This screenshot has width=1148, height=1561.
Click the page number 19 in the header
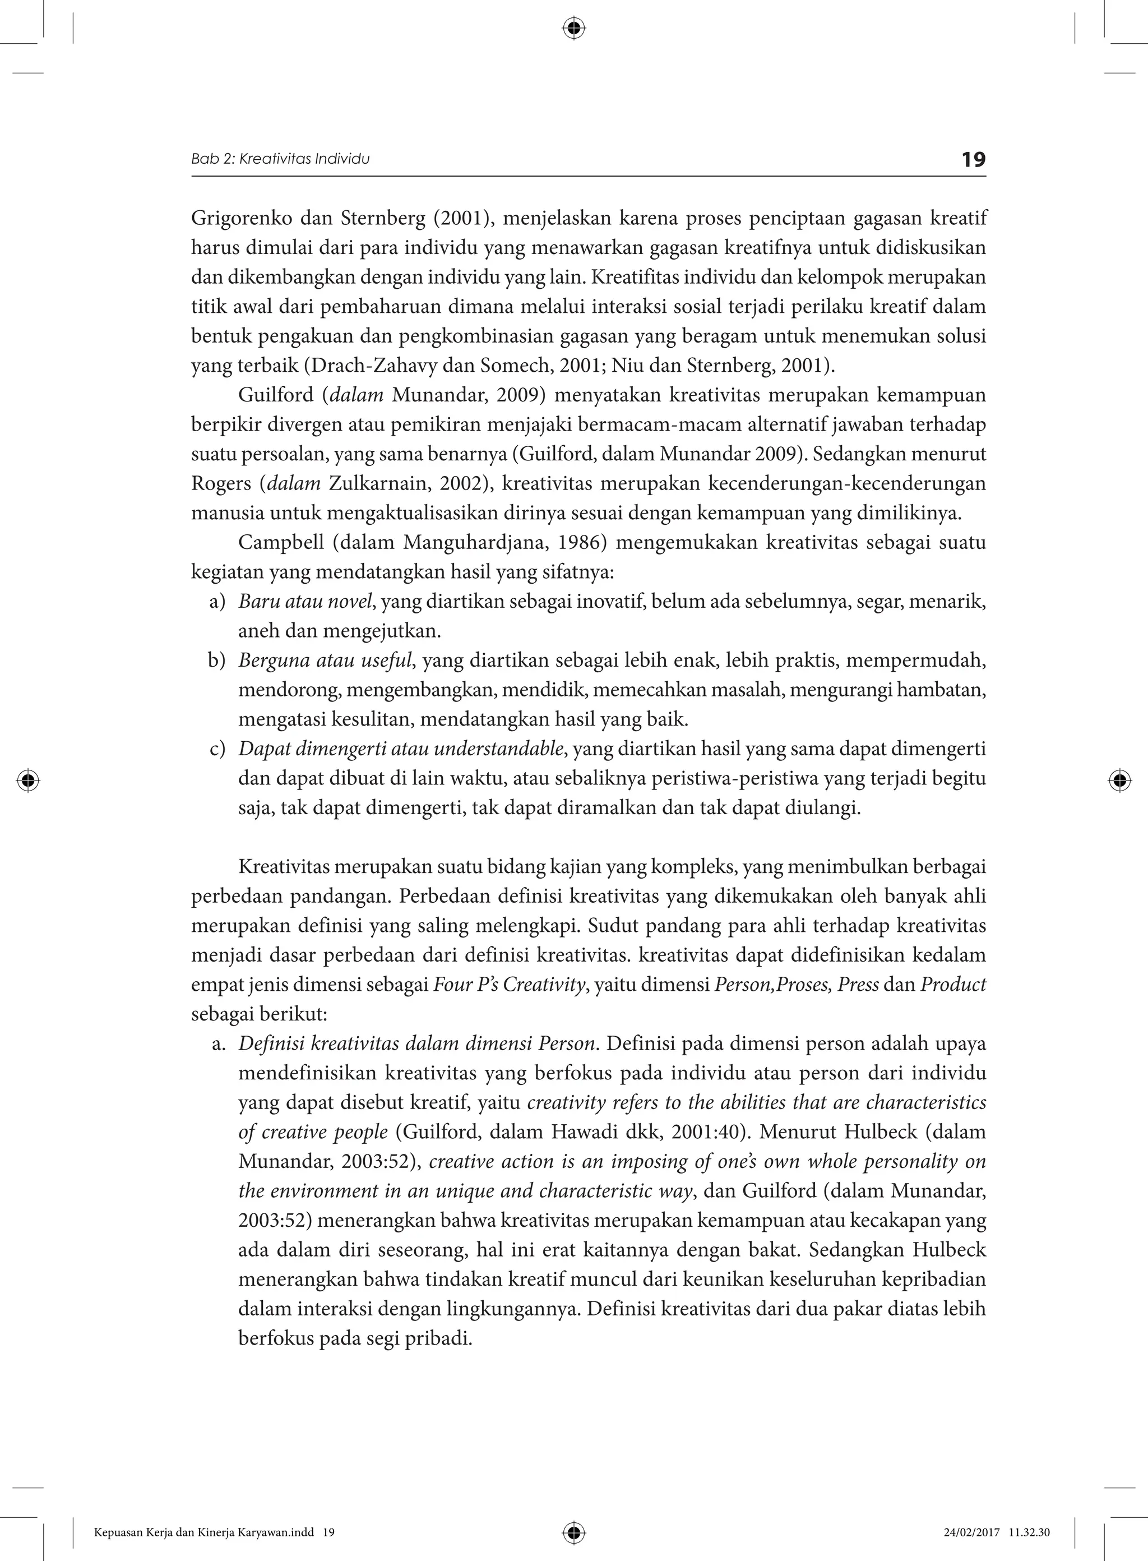pos(973,160)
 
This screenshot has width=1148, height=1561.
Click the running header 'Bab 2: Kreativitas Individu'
pos(280,159)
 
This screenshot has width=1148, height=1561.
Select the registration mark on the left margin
pos(28,780)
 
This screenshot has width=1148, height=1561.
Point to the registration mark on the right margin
pos(1119,780)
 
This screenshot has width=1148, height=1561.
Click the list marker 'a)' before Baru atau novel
pos(217,601)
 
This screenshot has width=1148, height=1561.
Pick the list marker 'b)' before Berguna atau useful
pos(217,661)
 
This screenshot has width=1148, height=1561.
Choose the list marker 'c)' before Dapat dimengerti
pos(217,749)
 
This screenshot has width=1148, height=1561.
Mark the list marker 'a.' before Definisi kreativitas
pos(219,1044)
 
